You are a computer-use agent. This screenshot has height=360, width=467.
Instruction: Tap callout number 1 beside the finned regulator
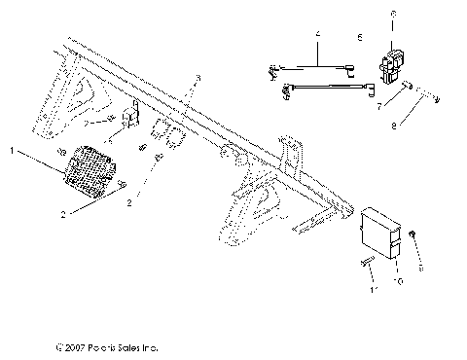12,151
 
